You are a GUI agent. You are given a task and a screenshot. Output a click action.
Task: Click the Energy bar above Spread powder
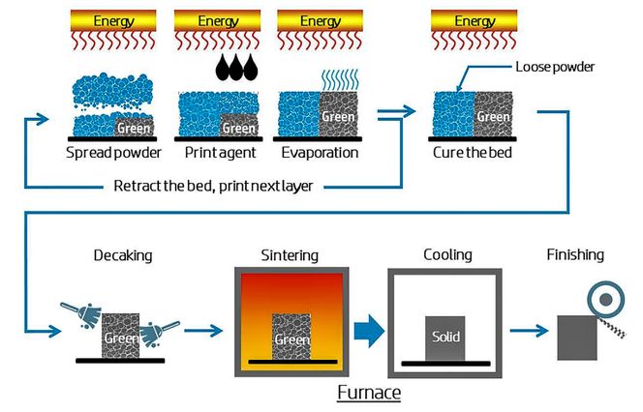[x=114, y=20]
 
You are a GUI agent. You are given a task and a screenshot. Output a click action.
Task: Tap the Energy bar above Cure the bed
[x=474, y=20]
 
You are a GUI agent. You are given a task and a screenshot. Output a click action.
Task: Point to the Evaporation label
[x=319, y=153]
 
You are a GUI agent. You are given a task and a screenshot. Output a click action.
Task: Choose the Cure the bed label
[x=472, y=153]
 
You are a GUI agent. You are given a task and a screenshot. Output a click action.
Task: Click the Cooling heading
[x=446, y=255]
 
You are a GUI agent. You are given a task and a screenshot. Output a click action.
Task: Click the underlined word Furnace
[x=368, y=394]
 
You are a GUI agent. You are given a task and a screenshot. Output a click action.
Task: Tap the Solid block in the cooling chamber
[x=445, y=338]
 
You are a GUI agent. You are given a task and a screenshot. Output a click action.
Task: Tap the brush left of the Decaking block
[x=81, y=314]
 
